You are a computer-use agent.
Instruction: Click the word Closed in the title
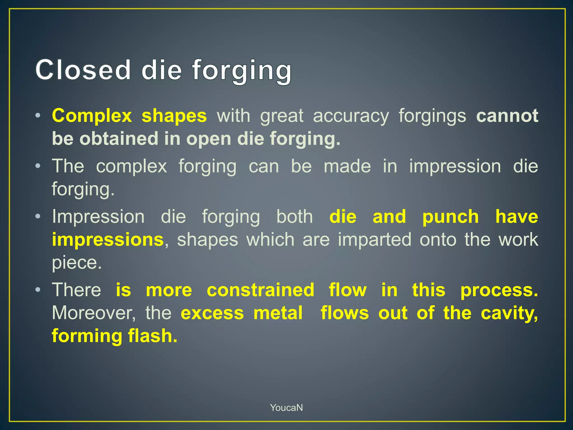[x=83, y=70]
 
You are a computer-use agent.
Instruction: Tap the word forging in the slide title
[x=242, y=71]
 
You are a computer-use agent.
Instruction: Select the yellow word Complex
[x=92, y=116]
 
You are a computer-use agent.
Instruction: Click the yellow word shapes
[x=174, y=116]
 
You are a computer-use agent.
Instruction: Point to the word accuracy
[x=351, y=116]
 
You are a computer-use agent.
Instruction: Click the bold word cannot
[x=507, y=116]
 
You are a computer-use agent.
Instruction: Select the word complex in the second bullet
[x=131, y=167]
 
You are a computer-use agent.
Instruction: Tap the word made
[x=347, y=166]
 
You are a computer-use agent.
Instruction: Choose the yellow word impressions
[x=108, y=240]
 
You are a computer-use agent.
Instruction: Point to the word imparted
[x=374, y=240]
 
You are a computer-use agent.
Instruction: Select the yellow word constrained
[x=260, y=290]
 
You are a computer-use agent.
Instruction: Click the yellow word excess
[x=212, y=313]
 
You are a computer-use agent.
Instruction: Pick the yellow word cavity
[x=509, y=313]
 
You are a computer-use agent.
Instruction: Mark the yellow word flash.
[x=152, y=336]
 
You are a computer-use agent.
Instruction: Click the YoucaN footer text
[x=286, y=408]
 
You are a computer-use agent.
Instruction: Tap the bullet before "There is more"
[x=38, y=290]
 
